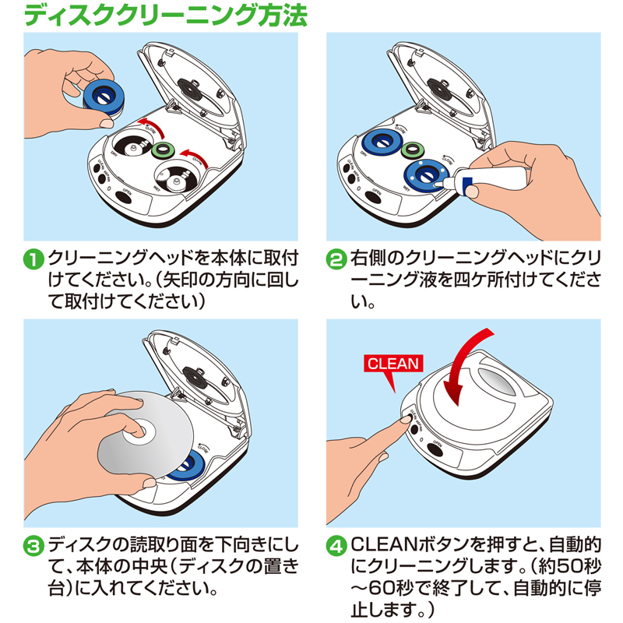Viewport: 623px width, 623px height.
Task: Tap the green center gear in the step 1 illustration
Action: tap(163, 150)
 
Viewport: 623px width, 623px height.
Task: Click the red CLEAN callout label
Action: tap(393, 363)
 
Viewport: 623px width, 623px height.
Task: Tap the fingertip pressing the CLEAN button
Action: tap(404, 421)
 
